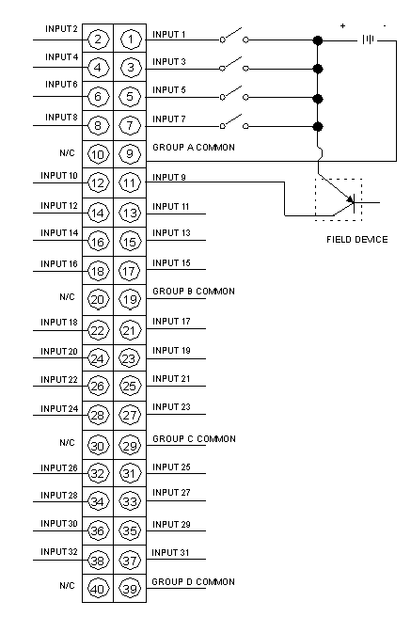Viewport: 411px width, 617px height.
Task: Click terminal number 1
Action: [x=130, y=39]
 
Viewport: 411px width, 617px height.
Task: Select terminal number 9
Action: [x=130, y=154]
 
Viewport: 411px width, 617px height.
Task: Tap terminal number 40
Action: [x=98, y=589]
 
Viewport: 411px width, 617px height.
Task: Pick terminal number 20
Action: [x=98, y=299]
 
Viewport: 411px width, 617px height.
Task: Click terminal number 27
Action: [x=130, y=415]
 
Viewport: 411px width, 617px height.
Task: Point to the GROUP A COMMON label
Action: [x=194, y=147]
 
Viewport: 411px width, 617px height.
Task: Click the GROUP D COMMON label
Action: [x=193, y=581]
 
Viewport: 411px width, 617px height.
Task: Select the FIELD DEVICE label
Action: [x=357, y=240]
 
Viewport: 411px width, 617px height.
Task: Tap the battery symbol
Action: [x=368, y=40]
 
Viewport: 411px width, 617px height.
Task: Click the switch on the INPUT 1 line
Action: [x=234, y=36]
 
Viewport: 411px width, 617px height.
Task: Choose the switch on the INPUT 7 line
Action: [x=234, y=121]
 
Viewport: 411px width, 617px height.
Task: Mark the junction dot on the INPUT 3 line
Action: [x=318, y=69]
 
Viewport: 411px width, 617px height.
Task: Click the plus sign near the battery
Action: [x=343, y=26]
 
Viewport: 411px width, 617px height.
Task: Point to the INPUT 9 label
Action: [x=169, y=178]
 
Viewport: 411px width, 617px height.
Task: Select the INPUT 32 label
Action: [x=59, y=552]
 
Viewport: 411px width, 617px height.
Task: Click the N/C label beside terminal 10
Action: [x=67, y=152]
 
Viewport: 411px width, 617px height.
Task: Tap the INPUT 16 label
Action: [x=59, y=263]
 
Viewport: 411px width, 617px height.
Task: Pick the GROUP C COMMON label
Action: [x=195, y=438]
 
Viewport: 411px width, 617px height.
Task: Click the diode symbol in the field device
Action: [x=351, y=202]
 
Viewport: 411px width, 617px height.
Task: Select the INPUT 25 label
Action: [x=171, y=467]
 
